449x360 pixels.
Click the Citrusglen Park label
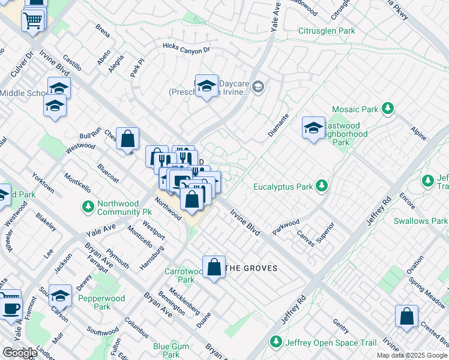pos(327,31)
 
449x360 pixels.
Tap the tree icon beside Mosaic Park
pos(388,109)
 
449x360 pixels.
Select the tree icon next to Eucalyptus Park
pos(322,186)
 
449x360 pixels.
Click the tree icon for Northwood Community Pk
pos(88,206)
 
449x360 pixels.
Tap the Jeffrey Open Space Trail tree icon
pos(276,343)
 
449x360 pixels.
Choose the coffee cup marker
pos(10,307)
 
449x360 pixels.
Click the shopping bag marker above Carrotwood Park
pos(214,268)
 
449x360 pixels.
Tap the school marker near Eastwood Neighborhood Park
pos(313,128)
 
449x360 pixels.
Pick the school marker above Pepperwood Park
pos(59,296)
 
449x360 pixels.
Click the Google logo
pos(19,353)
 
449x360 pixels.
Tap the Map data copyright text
pos(412,355)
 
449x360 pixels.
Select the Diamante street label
pos(278,125)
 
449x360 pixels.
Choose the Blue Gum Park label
pos(170,350)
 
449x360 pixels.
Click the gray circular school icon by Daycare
pos(258,87)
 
